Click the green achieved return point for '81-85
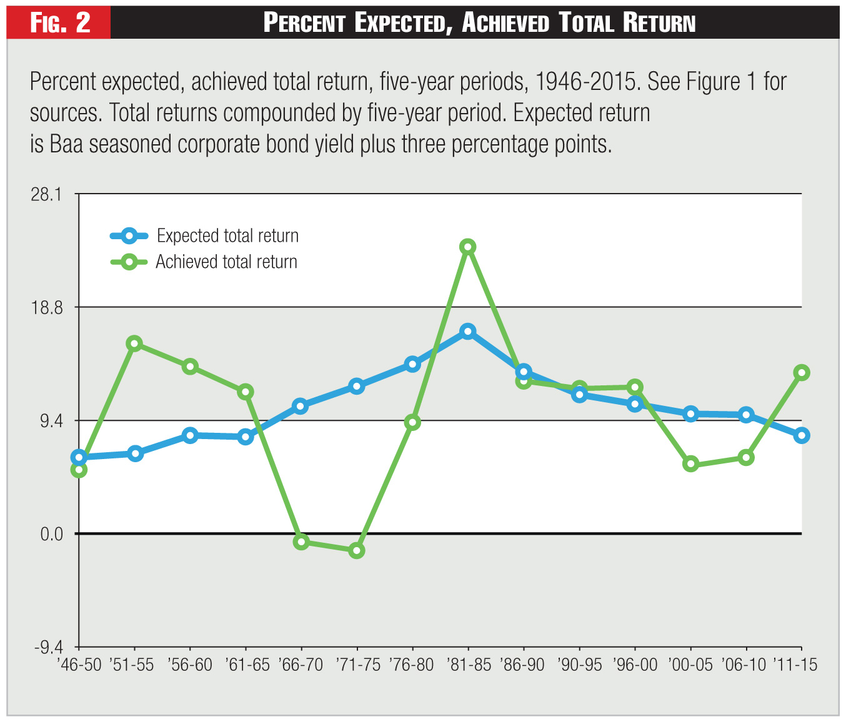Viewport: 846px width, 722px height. (x=468, y=247)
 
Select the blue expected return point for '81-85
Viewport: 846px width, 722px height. (x=468, y=331)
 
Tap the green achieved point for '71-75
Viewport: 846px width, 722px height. (x=357, y=550)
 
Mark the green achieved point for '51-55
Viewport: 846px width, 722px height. (x=135, y=344)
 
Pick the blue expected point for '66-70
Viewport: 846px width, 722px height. (x=301, y=406)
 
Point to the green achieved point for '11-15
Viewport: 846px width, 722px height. (x=801, y=373)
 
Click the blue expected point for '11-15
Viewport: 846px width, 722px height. (x=801, y=435)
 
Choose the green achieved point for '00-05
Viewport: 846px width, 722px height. (x=690, y=463)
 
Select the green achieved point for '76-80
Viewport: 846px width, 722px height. (x=412, y=422)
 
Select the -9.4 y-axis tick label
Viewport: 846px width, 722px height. (x=47, y=647)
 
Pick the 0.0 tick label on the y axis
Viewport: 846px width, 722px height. (x=52, y=534)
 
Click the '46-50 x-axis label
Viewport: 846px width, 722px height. (x=79, y=665)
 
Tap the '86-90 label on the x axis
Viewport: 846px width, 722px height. (x=524, y=665)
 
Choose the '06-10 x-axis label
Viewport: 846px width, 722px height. (x=745, y=665)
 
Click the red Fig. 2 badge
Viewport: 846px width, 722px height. (x=60, y=23)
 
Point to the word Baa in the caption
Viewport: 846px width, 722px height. (x=67, y=144)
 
